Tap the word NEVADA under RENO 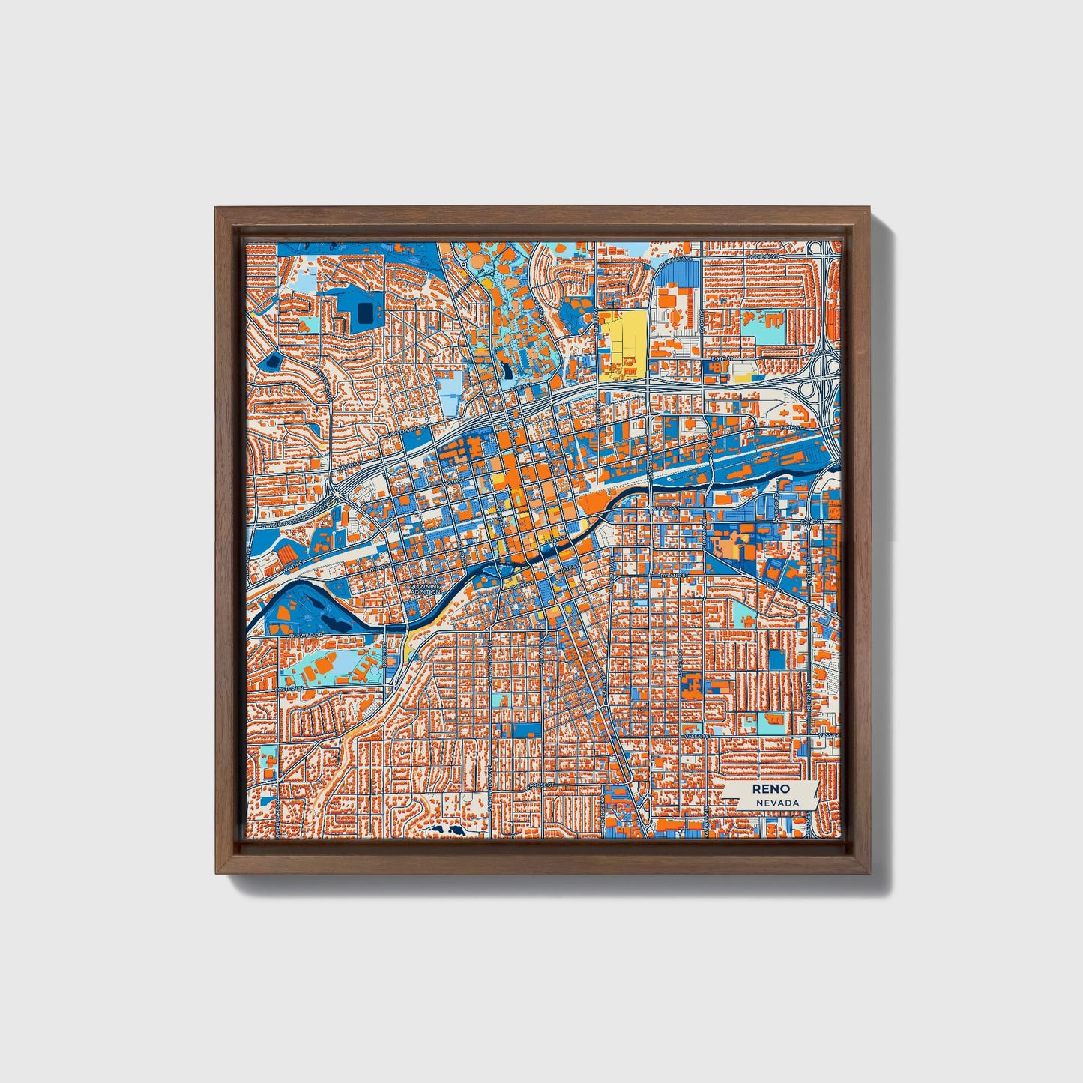pos(777,803)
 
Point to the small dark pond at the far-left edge pos(270,363)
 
